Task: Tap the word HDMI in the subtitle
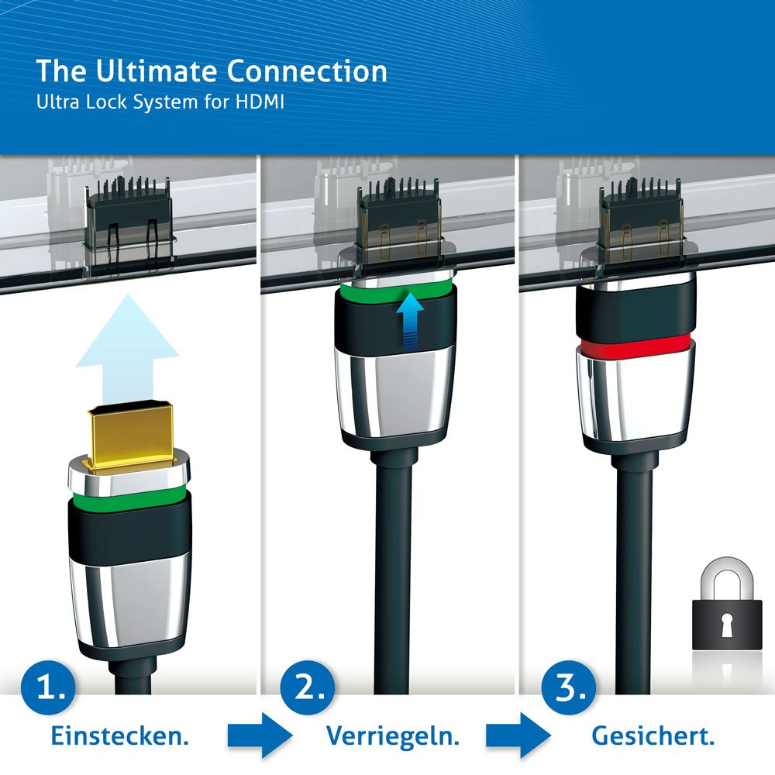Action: pyautogui.click(x=259, y=102)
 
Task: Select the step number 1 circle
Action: pyautogui.click(x=48, y=687)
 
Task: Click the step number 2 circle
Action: pyautogui.click(x=307, y=687)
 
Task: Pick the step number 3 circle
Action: pyautogui.click(x=568, y=687)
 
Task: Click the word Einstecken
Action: pyautogui.click(x=119, y=736)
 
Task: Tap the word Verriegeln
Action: pyautogui.click(x=393, y=736)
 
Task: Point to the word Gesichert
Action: pyautogui.click(x=653, y=736)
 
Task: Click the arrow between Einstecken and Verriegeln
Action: pyautogui.click(x=260, y=735)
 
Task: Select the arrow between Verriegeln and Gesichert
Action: pyautogui.click(x=518, y=735)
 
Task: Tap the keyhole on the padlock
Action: pyautogui.click(x=727, y=625)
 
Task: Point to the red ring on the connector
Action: pyautogui.click(x=635, y=345)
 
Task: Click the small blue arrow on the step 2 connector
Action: pyautogui.click(x=410, y=320)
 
